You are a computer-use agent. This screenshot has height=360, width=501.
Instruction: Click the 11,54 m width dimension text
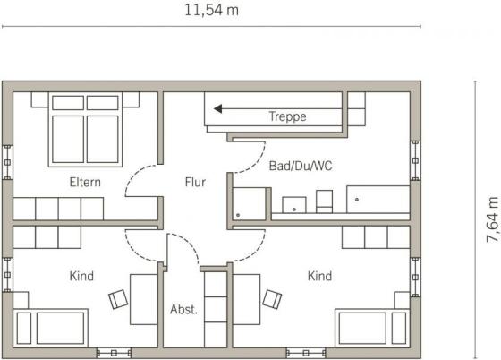(x=211, y=11)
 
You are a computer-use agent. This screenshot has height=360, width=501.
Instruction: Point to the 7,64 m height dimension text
(x=492, y=219)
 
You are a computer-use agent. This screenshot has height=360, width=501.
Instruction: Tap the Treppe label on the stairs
(x=287, y=116)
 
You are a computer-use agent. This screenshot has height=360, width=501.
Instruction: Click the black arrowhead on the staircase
(x=218, y=108)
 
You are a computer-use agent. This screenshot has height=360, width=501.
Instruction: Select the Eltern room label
(x=85, y=182)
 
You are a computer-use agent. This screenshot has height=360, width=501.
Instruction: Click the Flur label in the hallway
(x=195, y=182)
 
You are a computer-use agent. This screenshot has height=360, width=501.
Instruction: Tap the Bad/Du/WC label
(x=301, y=166)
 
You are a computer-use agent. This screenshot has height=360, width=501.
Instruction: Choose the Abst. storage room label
(x=183, y=310)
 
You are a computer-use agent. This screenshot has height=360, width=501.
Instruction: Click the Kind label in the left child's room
(x=81, y=276)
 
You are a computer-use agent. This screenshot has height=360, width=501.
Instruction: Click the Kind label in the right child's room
(x=319, y=276)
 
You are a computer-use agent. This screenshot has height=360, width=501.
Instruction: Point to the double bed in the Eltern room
(x=85, y=130)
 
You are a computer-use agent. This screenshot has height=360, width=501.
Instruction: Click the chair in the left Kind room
(x=118, y=299)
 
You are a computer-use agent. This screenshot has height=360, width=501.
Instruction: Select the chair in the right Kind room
(x=272, y=299)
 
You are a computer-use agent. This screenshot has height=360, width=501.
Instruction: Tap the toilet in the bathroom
(x=324, y=201)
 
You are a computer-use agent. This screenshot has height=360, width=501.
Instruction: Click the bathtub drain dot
(x=357, y=200)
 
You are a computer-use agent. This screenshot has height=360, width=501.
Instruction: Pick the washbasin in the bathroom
(x=294, y=205)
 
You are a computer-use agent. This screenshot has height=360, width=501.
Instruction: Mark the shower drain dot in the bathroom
(x=238, y=215)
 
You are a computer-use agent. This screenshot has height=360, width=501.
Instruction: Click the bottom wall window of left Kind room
(x=114, y=354)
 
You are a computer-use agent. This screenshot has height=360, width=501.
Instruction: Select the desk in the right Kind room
(x=246, y=299)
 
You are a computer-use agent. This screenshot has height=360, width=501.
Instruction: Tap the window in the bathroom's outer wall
(x=415, y=160)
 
